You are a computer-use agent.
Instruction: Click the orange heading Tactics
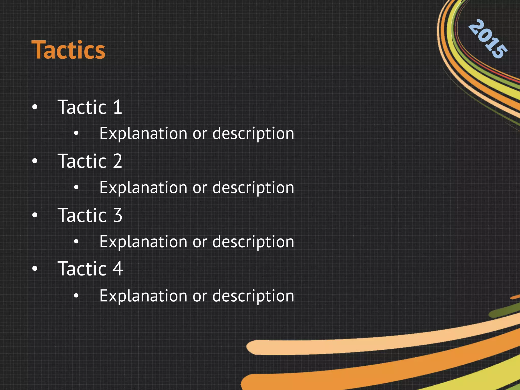(68, 50)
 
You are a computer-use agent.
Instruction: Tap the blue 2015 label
(488, 39)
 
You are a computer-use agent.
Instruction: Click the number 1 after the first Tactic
(118, 107)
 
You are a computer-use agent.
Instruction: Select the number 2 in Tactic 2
(118, 161)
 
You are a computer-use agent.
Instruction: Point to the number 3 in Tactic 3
(118, 215)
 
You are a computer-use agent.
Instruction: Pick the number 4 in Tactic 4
(118, 269)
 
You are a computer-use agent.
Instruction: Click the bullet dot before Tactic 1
(35, 107)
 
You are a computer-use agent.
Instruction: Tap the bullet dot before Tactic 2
(35, 161)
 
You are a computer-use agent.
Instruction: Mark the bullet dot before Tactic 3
(35, 215)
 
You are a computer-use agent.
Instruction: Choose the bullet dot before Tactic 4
(35, 269)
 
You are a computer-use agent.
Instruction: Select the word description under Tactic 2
(253, 188)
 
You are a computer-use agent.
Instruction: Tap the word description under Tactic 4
(253, 296)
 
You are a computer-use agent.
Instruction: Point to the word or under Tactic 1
(200, 134)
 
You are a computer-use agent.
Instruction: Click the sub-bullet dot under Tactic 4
(76, 296)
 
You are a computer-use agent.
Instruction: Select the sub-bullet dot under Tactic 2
(76, 187)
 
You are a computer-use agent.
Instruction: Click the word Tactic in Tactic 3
(82, 215)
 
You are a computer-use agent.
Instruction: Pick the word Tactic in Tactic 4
(82, 269)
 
